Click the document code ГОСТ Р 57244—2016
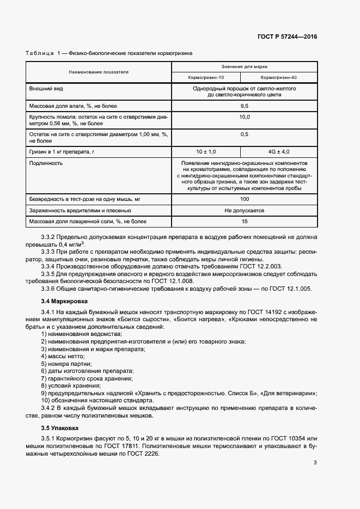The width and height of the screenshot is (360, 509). [288, 36]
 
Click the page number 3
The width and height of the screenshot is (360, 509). [315, 463]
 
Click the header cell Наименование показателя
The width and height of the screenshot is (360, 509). [99, 72]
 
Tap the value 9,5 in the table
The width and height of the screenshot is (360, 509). [244, 105]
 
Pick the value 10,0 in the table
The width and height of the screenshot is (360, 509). [244, 117]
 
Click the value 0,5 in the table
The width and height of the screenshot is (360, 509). [244, 134]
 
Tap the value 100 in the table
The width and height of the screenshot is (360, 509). [244, 199]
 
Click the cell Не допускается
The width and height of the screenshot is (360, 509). [244, 210]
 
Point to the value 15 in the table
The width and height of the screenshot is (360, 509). [244, 222]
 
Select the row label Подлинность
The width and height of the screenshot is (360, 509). [46, 163]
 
